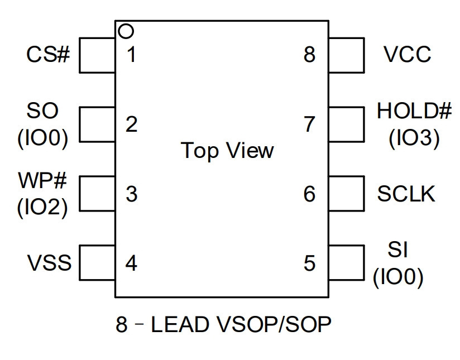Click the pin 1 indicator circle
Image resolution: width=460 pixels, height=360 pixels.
click(126, 25)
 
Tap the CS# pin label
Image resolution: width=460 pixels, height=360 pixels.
click(49, 55)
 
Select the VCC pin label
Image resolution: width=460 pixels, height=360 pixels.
click(407, 55)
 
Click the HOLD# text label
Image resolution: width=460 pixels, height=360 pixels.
click(414, 111)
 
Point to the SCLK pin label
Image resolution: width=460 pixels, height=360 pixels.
click(406, 194)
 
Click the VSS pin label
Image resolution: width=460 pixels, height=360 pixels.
click(49, 262)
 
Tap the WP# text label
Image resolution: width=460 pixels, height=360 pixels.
click(42, 180)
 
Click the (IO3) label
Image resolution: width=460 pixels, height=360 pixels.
click(414, 138)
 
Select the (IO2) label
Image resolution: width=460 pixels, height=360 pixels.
click(42, 208)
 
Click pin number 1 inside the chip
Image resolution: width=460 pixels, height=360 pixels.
click(131, 55)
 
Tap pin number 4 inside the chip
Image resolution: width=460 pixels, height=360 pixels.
click(131, 263)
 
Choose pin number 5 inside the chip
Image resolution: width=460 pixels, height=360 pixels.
click(309, 263)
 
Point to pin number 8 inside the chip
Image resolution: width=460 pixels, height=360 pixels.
click(309, 55)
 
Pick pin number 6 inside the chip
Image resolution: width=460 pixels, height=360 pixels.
click(309, 194)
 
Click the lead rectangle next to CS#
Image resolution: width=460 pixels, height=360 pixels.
click(79, 55)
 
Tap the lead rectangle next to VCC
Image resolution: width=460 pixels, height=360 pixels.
click(364, 55)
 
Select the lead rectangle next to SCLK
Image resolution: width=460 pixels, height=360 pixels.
click(364, 194)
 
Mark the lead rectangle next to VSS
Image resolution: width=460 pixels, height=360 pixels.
click(79, 262)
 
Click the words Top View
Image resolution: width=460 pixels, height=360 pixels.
click(227, 151)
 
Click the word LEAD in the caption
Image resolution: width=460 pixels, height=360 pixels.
click(180, 324)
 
